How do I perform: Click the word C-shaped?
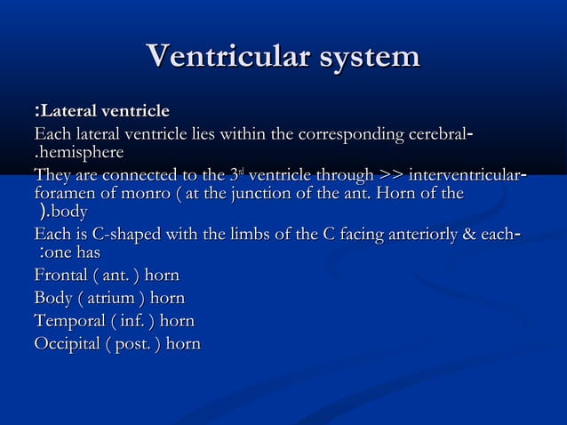(113, 235)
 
